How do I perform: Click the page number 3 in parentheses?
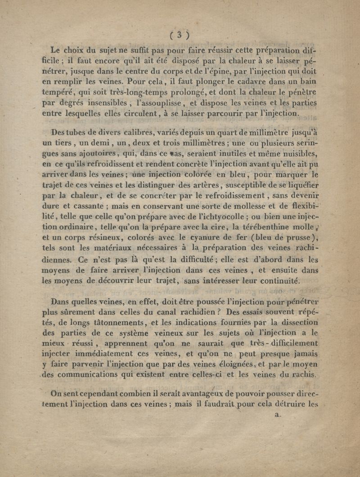click(179, 35)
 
